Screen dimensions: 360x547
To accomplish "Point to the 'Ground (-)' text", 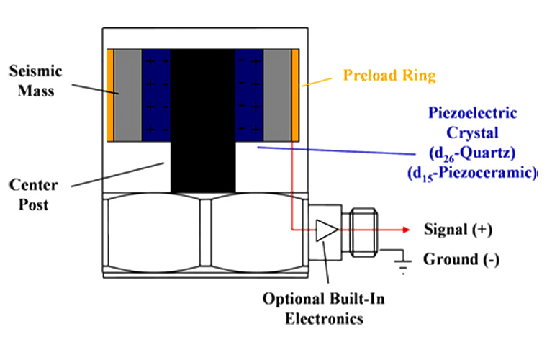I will click(x=461, y=258).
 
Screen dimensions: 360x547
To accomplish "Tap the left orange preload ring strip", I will click(x=110, y=95).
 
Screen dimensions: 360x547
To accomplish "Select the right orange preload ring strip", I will click(x=295, y=95).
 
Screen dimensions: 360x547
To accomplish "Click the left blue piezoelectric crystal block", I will click(x=155, y=95).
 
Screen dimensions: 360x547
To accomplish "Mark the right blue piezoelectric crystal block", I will click(x=250, y=95).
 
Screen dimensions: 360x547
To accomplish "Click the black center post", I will click(x=203, y=115).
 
